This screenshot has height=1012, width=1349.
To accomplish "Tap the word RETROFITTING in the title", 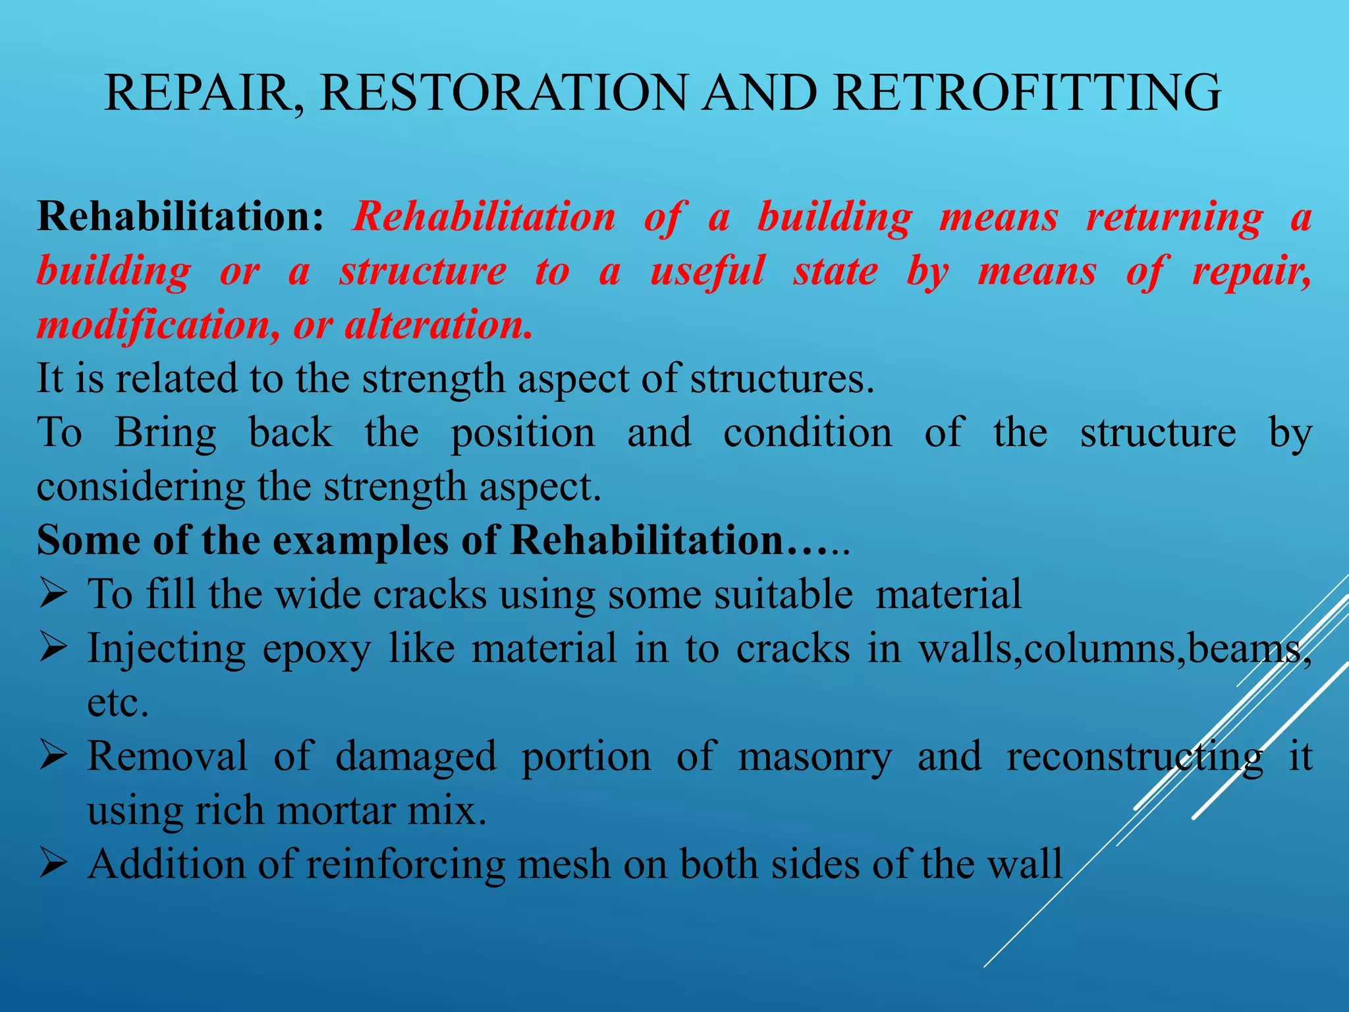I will point(1027,92).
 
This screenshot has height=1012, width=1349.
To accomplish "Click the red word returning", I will point(1174,217).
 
